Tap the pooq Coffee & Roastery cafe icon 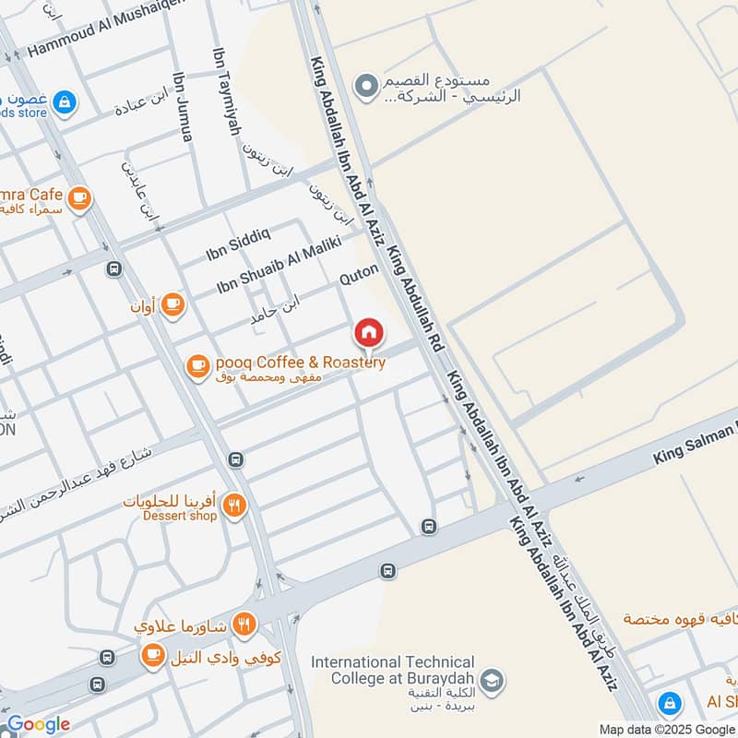197,367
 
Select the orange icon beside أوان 173,303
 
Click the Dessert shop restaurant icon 235,505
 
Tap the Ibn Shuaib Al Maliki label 279,267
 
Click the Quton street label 360,274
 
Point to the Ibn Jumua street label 183,108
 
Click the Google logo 39,724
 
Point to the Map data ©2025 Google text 666,728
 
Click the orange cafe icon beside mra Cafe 80,197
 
